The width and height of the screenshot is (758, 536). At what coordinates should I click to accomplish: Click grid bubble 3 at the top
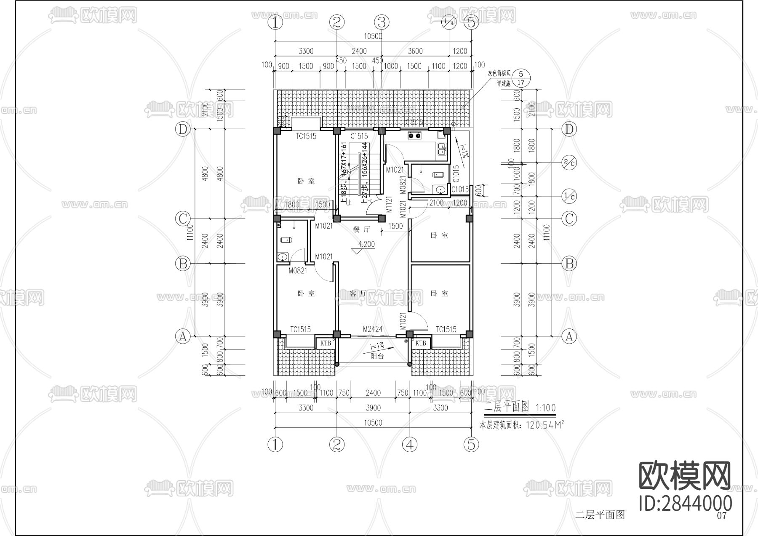point(382,22)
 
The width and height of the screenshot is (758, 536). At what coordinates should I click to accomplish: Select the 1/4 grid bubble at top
point(449,22)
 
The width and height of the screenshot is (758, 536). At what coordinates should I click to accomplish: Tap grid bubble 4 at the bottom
point(409,444)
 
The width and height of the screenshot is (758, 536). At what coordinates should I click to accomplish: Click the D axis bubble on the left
point(183,129)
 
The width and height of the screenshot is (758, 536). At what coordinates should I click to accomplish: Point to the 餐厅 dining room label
point(361,229)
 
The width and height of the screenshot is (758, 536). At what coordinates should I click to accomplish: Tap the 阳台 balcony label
point(377,356)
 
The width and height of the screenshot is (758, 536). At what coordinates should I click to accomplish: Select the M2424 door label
point(373,329)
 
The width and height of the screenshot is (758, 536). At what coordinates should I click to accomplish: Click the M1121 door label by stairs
point(389,204)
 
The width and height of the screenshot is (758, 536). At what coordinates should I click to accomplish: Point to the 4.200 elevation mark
point(366,244)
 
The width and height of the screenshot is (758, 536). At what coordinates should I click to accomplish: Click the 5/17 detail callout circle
point(521,78)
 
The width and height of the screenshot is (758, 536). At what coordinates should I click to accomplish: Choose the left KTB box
point(326,343)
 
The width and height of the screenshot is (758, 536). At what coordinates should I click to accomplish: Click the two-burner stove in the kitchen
point(414,136)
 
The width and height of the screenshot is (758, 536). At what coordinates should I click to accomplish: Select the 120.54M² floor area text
point(544,425)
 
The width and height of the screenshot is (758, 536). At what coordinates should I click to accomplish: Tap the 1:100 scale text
point(545,408)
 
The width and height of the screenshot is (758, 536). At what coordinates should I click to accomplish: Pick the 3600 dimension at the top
point(415,51)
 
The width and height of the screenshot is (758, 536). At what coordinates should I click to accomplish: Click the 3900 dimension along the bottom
point(373,408)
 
